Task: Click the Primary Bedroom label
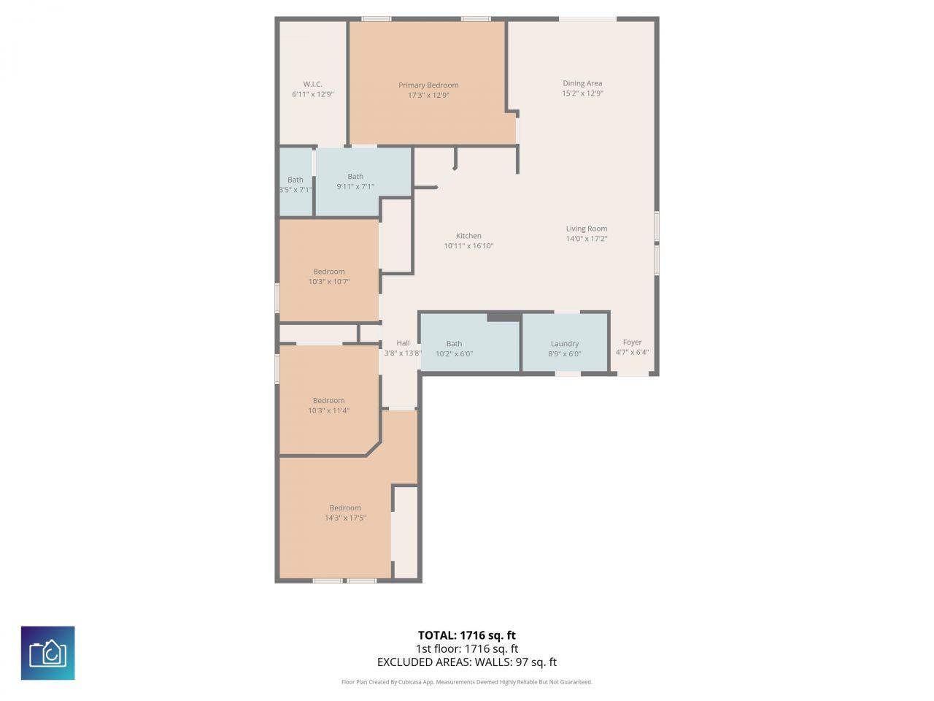pos(428,85)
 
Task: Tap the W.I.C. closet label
pos(312,84)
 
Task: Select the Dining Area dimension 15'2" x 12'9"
pos(582,93)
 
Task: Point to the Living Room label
pos(587,229)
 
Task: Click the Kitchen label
pos(468,236)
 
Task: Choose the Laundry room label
pos(565,344)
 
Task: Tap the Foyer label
pos(632,342)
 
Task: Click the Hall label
pos(403,343)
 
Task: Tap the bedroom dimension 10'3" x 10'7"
pos(329,282)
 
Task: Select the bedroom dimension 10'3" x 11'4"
pos(329,410)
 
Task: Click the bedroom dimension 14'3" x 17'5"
pos(345,518)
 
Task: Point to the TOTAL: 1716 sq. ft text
pos(466,635)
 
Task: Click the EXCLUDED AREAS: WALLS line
pos(466,662)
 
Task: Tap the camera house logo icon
pos(48,653)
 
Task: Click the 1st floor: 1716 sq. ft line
pos(466,648)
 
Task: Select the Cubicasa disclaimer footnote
pos(466,682)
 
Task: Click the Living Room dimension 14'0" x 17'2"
pos(587,239)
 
